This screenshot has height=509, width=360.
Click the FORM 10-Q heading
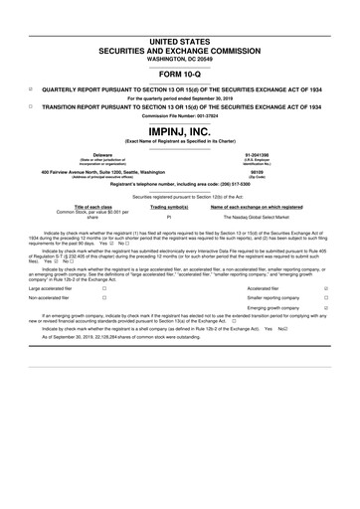point(180,75)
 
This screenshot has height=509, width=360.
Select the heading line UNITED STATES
point(180,38)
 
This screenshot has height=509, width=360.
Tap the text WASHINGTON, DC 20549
point(180,57)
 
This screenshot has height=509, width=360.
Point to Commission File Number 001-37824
point(180,117)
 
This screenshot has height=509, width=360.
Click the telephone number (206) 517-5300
point(237,184)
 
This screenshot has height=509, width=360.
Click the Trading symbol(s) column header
point(170,206)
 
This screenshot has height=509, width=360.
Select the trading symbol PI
point(170,216)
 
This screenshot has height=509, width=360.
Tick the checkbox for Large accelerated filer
point(104,287)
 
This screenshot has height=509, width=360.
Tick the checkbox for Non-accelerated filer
point(104,297)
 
